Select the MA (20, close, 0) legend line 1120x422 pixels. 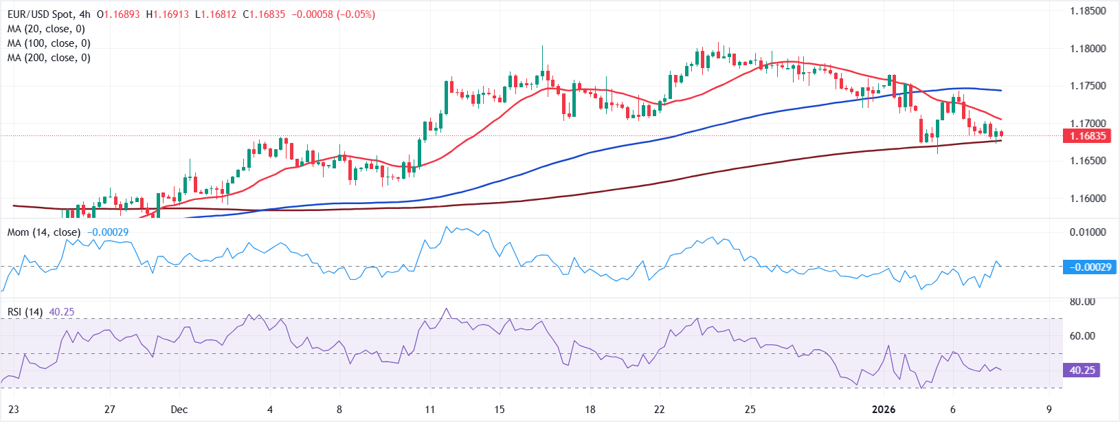[46, 29]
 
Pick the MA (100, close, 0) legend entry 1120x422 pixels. [49, 43]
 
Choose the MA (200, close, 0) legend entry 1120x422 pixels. [49, 58]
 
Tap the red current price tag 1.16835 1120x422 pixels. [1087, 136]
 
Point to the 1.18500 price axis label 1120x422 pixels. [1088, 11]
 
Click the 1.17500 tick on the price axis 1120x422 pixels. [1088, 86]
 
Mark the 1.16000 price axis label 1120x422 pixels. [1088, 199]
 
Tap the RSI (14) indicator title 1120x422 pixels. [25, 312]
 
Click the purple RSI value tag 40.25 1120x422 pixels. [1082, 370]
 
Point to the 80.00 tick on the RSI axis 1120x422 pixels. [1082, 302]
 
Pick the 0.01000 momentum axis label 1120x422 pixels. [1088, 232]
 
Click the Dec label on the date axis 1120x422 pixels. [179, 410]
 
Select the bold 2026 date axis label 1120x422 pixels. [884, 410]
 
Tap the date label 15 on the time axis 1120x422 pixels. [500, 410]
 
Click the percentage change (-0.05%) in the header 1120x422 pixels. [356, 14]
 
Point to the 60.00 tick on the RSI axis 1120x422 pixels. [1082, 336]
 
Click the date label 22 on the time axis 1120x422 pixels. [659, 410]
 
